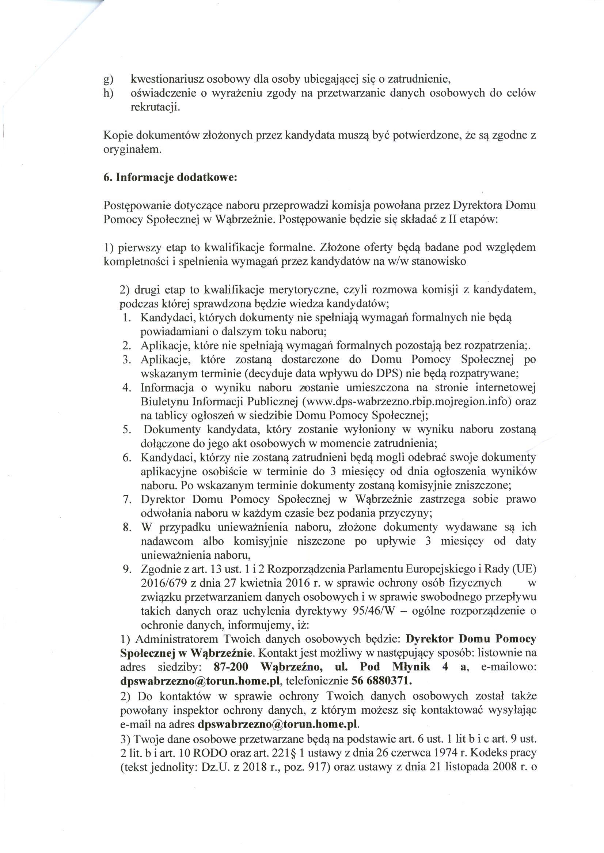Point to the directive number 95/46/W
click(373, 611)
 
